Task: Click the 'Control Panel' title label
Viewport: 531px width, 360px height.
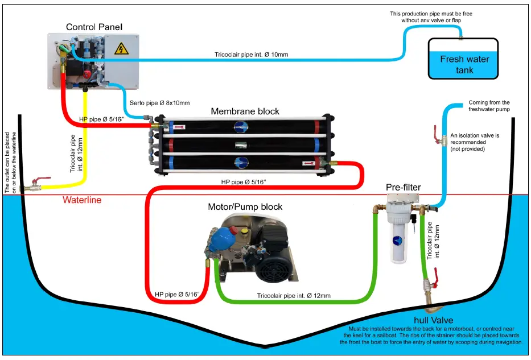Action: tap(94, 27)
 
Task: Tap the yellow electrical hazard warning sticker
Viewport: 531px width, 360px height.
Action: tap(121, 49)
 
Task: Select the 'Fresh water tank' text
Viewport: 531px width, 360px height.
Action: tap(464, 64)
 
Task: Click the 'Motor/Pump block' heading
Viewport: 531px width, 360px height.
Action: tap(245, 206)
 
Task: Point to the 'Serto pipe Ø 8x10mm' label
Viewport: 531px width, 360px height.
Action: tap(157, 102)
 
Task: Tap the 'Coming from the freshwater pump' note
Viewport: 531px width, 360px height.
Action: tap(489, 106)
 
